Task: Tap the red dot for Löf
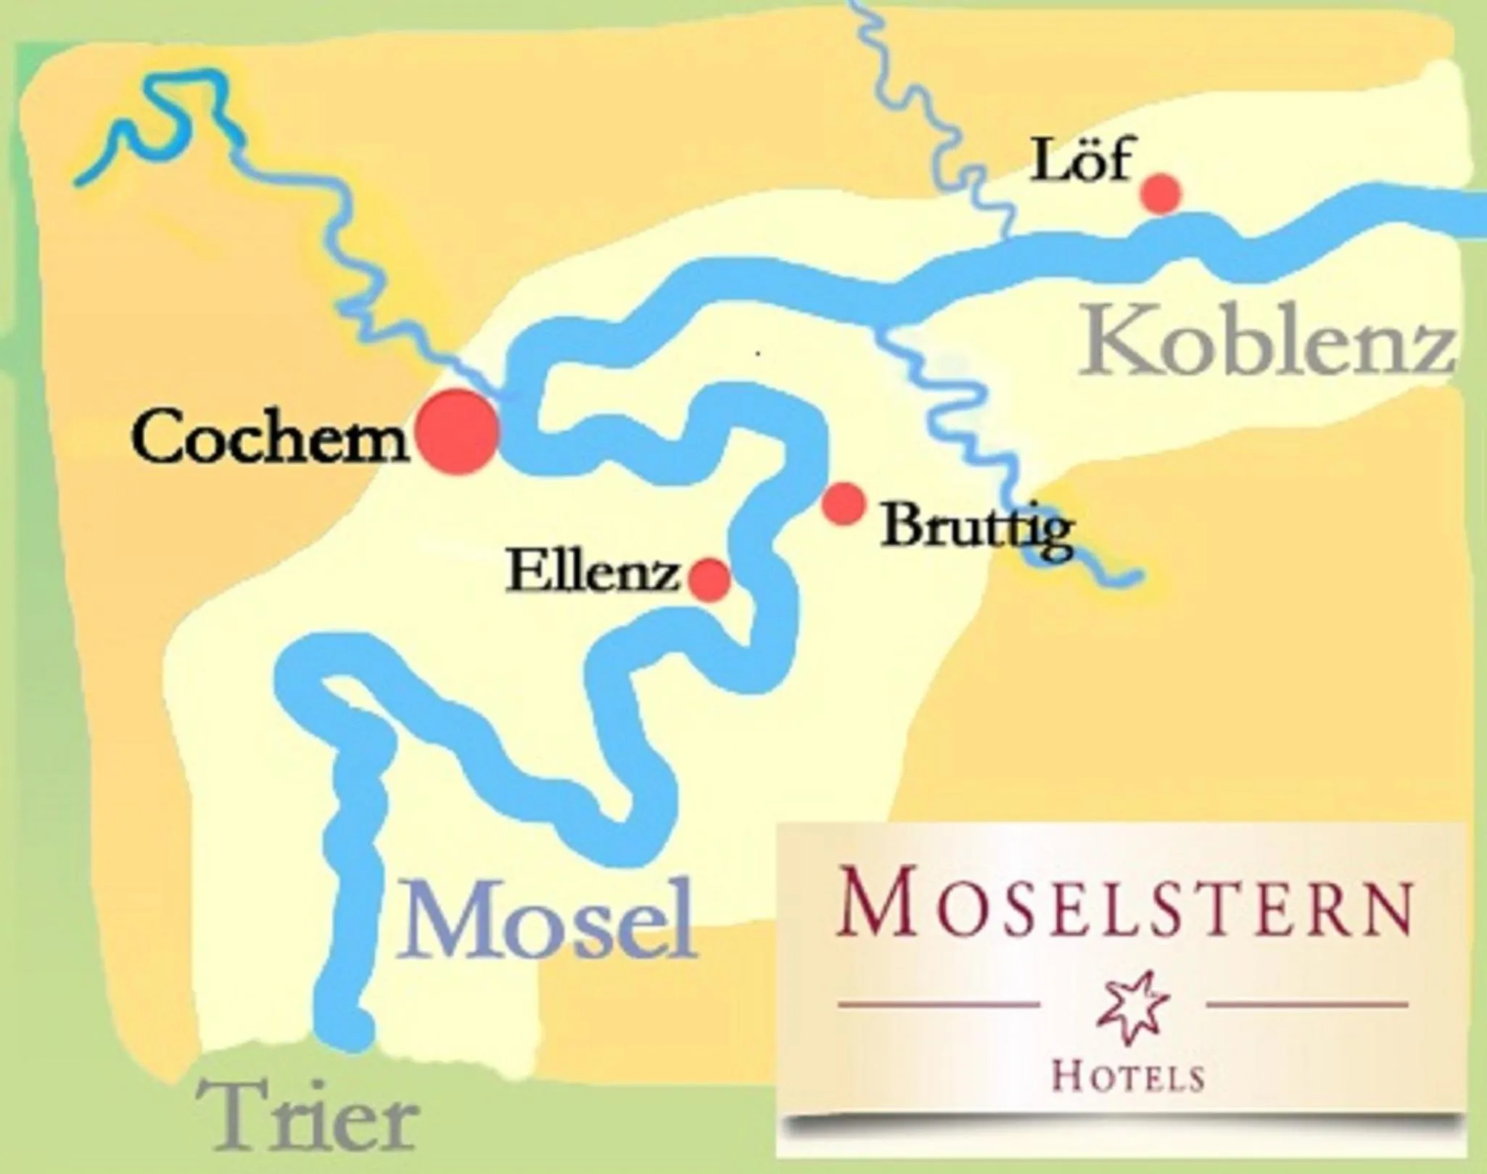(1161, 194)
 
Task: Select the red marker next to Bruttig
(844, 503)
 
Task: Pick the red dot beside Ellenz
(709, 579)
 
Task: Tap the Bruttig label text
(976, 528)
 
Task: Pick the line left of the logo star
(939, 1005)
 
